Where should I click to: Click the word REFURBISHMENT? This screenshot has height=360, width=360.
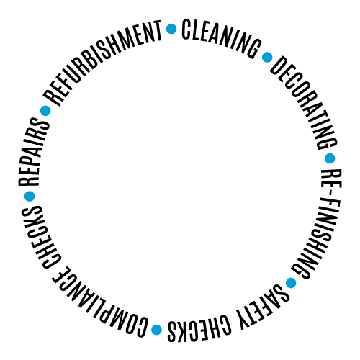[x=101, y=59]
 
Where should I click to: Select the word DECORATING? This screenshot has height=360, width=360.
[x=305, y=101]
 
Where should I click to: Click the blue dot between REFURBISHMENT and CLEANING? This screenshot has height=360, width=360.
[x=171, y=29]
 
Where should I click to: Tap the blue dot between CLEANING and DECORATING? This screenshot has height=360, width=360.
[x=267, y=57]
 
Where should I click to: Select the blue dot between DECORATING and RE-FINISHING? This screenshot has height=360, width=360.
[x=330, y=158]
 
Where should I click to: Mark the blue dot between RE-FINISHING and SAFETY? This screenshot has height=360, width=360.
[x=291, y=283]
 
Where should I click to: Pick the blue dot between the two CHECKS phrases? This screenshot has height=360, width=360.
[x=157, y=330]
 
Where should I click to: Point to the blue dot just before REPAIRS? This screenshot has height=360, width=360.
[x=30, y=196]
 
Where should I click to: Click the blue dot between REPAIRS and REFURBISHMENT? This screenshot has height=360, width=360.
[x=45, y=111]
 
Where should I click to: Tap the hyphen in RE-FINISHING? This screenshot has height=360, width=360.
[x=330, y=193]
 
